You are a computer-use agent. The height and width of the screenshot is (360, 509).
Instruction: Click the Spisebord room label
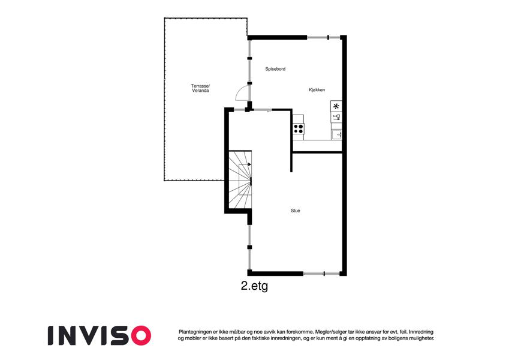(275, 69)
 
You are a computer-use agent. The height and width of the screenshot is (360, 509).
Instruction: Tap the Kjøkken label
(317, 89)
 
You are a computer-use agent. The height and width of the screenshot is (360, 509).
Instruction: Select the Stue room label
(296, 211)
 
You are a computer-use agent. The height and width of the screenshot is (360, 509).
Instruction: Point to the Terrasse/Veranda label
(200, 88)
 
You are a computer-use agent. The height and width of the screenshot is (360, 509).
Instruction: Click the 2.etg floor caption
(254, 286)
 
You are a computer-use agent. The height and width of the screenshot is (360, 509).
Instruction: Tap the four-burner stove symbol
(299, 128)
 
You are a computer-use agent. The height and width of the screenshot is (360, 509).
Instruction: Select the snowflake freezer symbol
(336, 106)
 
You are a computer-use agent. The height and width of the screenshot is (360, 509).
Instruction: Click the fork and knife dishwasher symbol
(336, 117)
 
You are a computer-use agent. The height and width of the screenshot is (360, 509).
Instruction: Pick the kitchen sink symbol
(336, 134)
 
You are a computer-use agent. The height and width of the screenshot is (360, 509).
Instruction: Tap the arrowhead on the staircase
(249, 164)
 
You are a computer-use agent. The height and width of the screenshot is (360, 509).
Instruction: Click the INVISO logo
(100, 335)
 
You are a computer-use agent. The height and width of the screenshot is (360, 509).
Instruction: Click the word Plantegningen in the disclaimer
(194, 332)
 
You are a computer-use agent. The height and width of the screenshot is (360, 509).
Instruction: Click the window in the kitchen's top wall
(323, 37)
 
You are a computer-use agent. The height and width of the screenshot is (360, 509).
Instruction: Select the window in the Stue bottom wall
(321, 274)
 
